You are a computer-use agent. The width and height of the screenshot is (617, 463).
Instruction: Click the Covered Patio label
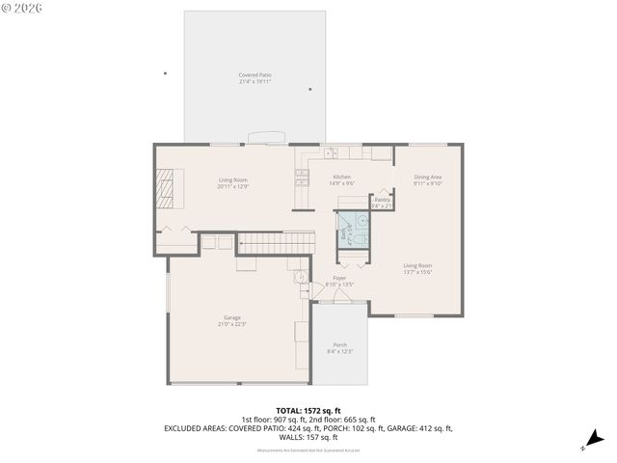pos(255,75)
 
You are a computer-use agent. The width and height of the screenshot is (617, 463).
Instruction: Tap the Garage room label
pos(232,317)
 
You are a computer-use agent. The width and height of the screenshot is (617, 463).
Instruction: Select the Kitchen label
pos(342,177)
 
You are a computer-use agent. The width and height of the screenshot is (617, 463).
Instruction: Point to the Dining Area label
pos(427,177)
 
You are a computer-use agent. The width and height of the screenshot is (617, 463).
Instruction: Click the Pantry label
pos(383,200)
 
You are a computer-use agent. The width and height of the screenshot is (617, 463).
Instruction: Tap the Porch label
pos(339,344)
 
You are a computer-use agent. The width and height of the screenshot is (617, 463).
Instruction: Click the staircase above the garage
pos(276,242)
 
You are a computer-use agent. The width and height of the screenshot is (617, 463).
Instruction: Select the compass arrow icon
pos(596,439)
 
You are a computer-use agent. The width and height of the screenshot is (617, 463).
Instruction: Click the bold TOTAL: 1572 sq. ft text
pos(308,410)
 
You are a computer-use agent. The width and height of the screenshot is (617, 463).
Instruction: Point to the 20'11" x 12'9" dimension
pos(232,186)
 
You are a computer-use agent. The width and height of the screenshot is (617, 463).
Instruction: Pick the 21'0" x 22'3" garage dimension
pos(232,324)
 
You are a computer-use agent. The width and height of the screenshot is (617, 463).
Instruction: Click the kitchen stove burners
pos(302,177)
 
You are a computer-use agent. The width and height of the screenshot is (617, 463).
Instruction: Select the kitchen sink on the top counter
pos(332,152)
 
